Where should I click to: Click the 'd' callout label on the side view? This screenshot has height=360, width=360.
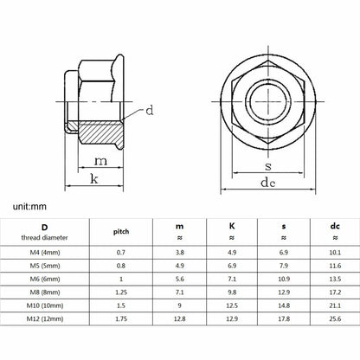(x=150, y=111)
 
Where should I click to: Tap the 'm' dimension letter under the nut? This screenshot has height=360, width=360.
(x=100, y=161)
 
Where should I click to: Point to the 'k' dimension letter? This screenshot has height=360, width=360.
(x=94, y=179)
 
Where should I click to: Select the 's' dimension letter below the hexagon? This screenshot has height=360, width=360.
(x=268, y=166)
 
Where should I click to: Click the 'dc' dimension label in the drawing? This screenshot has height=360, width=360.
(x=268, y=183)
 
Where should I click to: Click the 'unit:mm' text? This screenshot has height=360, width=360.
(x=29, y=207)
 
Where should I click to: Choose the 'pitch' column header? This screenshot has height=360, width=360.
(x=121, y=232)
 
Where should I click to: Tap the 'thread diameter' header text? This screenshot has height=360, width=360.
(x=44, y=238)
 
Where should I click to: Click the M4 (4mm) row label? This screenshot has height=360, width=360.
(x=45, y=253)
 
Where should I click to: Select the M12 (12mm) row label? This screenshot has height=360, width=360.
(x=45, y=318)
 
